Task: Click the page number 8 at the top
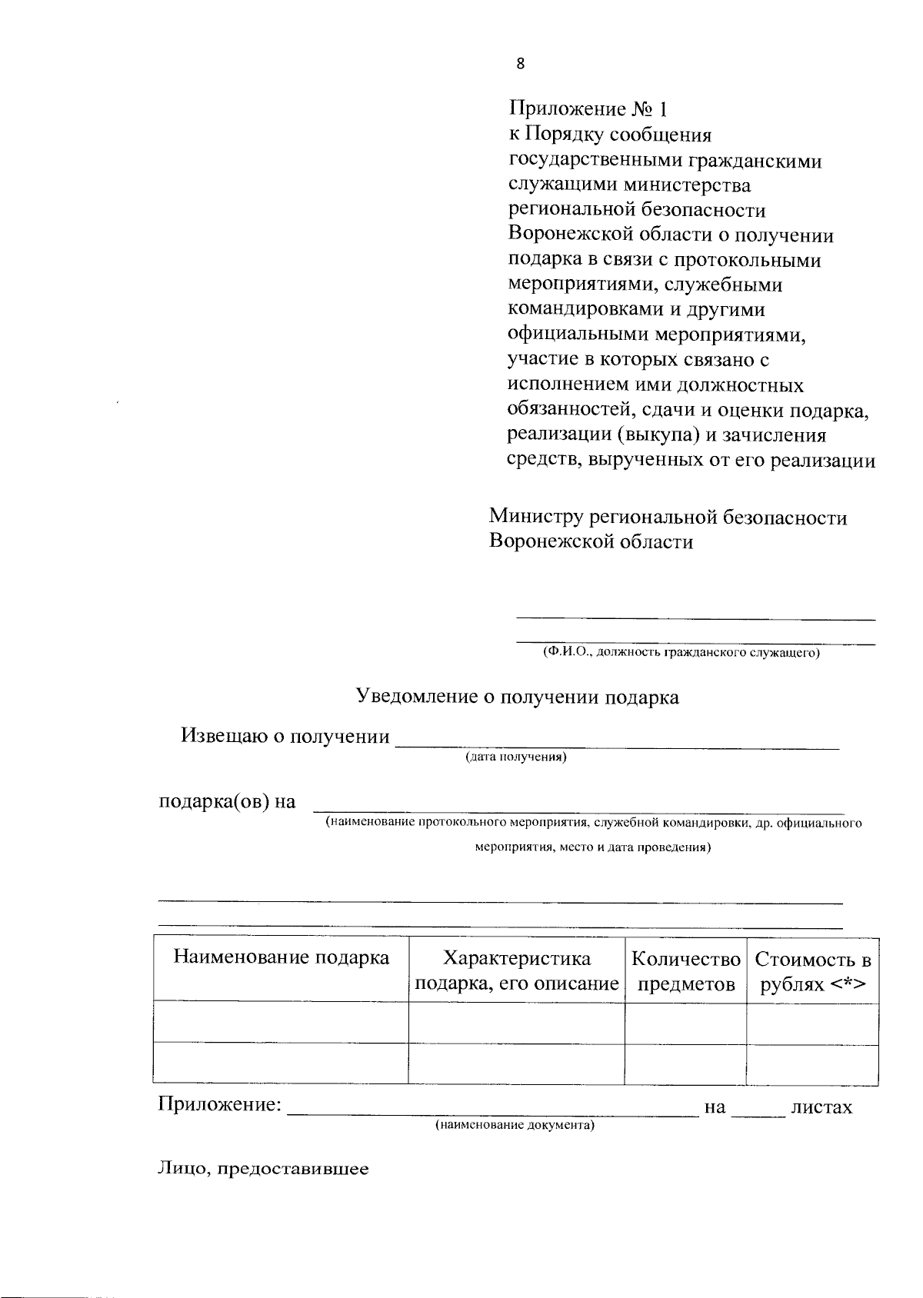(521, 65)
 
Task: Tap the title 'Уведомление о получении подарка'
(517, 697)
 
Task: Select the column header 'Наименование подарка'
(281, 958)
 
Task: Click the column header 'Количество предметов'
(685, 971)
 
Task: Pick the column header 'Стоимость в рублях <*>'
(813, 971)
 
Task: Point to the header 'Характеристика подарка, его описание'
(517, 971)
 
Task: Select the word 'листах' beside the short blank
(821, 1108)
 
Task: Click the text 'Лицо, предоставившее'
(263, 1170)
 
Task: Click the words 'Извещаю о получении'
(285, 737)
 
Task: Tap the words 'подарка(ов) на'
(227, 802)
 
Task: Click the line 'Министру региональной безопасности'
(668, 518)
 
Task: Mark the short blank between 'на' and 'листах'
(758, 1112)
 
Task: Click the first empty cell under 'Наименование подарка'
(281, 1022)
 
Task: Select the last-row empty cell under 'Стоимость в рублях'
(813, 1065)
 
